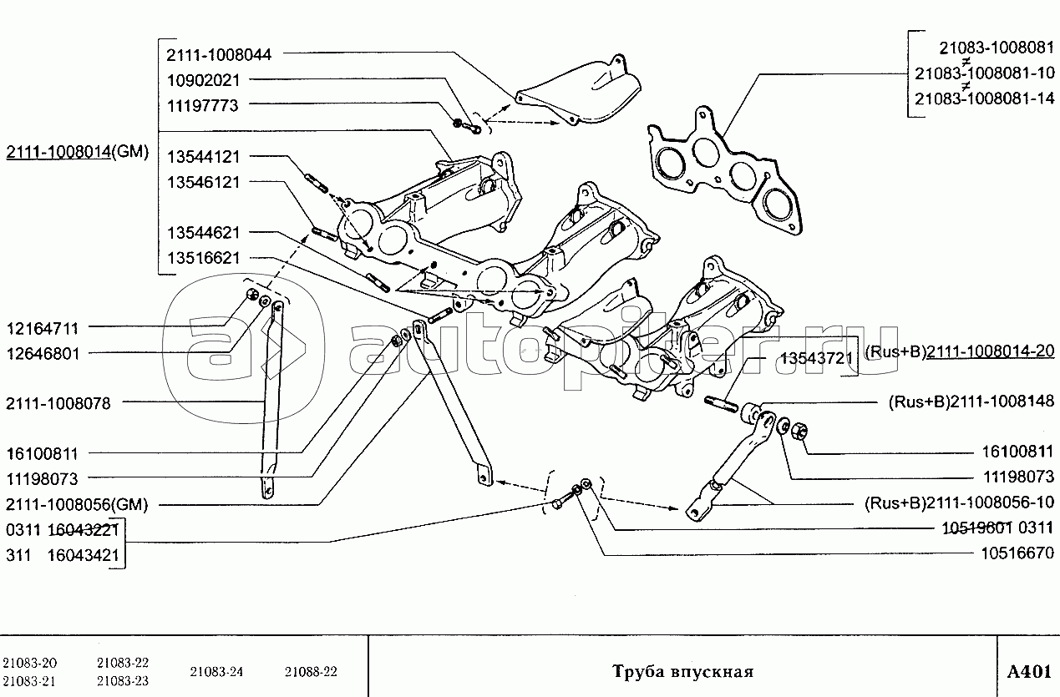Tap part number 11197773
pos(203,106)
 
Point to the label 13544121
pos(203,156)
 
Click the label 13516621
pos(203,259)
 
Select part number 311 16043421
pos(62,554)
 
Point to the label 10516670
pos(1016,553)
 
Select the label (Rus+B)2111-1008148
pos(971,401)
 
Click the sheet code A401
pos(1027,672)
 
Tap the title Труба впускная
pos(682,672)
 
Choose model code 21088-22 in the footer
pos(311,672)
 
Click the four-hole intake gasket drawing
pos(723,171)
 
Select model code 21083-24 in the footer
pos(216,672)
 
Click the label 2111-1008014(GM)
pos(77,153)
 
